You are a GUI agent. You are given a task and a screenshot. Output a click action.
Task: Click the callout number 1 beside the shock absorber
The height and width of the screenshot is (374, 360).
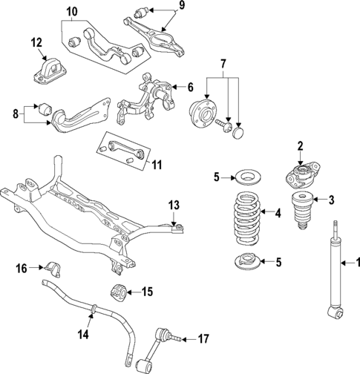[x=354, y=261]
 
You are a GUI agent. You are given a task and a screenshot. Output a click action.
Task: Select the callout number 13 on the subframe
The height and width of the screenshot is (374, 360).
[x=174, y=204]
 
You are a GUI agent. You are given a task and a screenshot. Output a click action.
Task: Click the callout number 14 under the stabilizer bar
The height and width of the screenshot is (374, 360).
[x=84, y=335]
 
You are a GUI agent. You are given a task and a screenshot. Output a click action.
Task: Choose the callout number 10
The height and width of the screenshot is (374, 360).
[x=71, y=12]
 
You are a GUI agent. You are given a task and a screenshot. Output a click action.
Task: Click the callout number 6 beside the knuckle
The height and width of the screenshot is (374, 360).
[x=189, y=86]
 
